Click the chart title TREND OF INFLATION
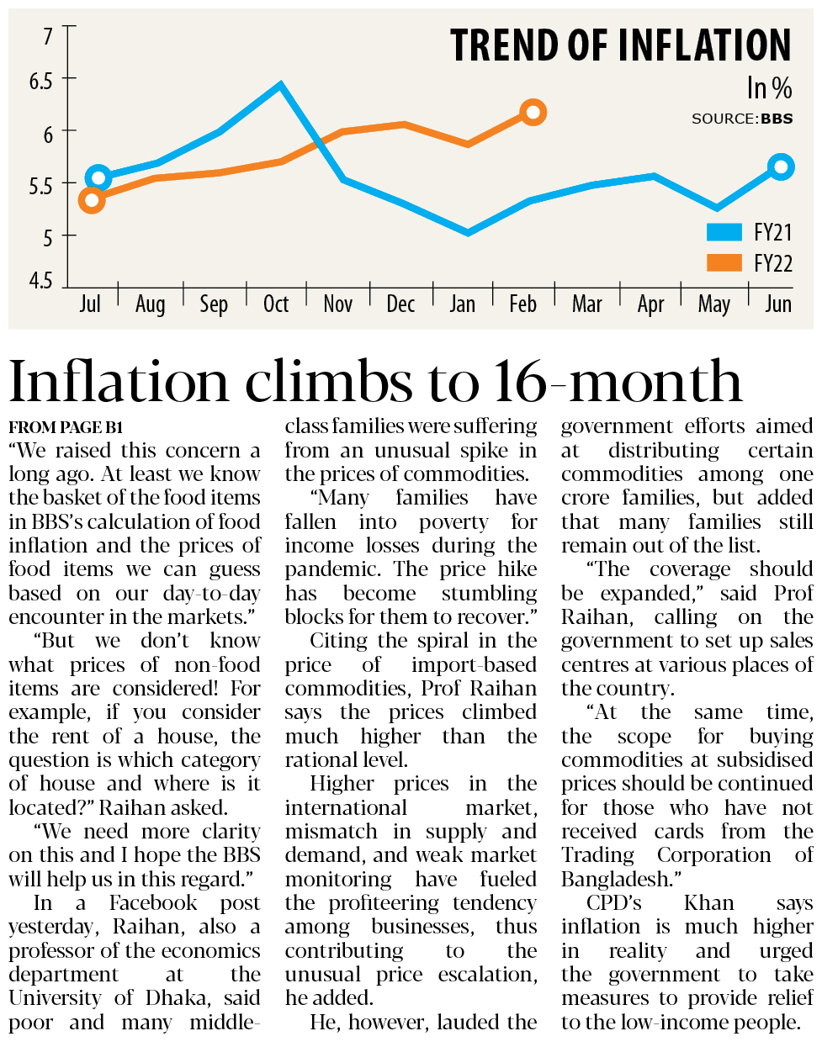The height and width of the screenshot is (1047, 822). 620,45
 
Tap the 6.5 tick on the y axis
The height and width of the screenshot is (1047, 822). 40,82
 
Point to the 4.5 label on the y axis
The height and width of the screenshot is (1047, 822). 40,281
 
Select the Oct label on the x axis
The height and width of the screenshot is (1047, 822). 276,304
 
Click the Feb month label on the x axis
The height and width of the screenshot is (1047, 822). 522,304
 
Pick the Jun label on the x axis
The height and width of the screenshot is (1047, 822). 778,304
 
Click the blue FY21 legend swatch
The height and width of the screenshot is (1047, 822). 724,232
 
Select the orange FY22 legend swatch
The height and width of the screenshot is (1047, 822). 724,262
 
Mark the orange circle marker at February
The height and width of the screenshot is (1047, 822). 533,112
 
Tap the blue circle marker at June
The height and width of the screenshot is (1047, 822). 781,167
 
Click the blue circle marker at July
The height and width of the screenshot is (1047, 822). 98,177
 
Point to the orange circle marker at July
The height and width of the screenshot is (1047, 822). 92,200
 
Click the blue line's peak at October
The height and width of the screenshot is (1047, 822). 280,85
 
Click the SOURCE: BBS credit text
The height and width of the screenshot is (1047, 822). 742,119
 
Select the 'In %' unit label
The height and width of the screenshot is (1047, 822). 769,88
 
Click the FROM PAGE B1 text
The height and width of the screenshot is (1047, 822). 66,427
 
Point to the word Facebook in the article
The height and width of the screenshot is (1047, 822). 153,903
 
